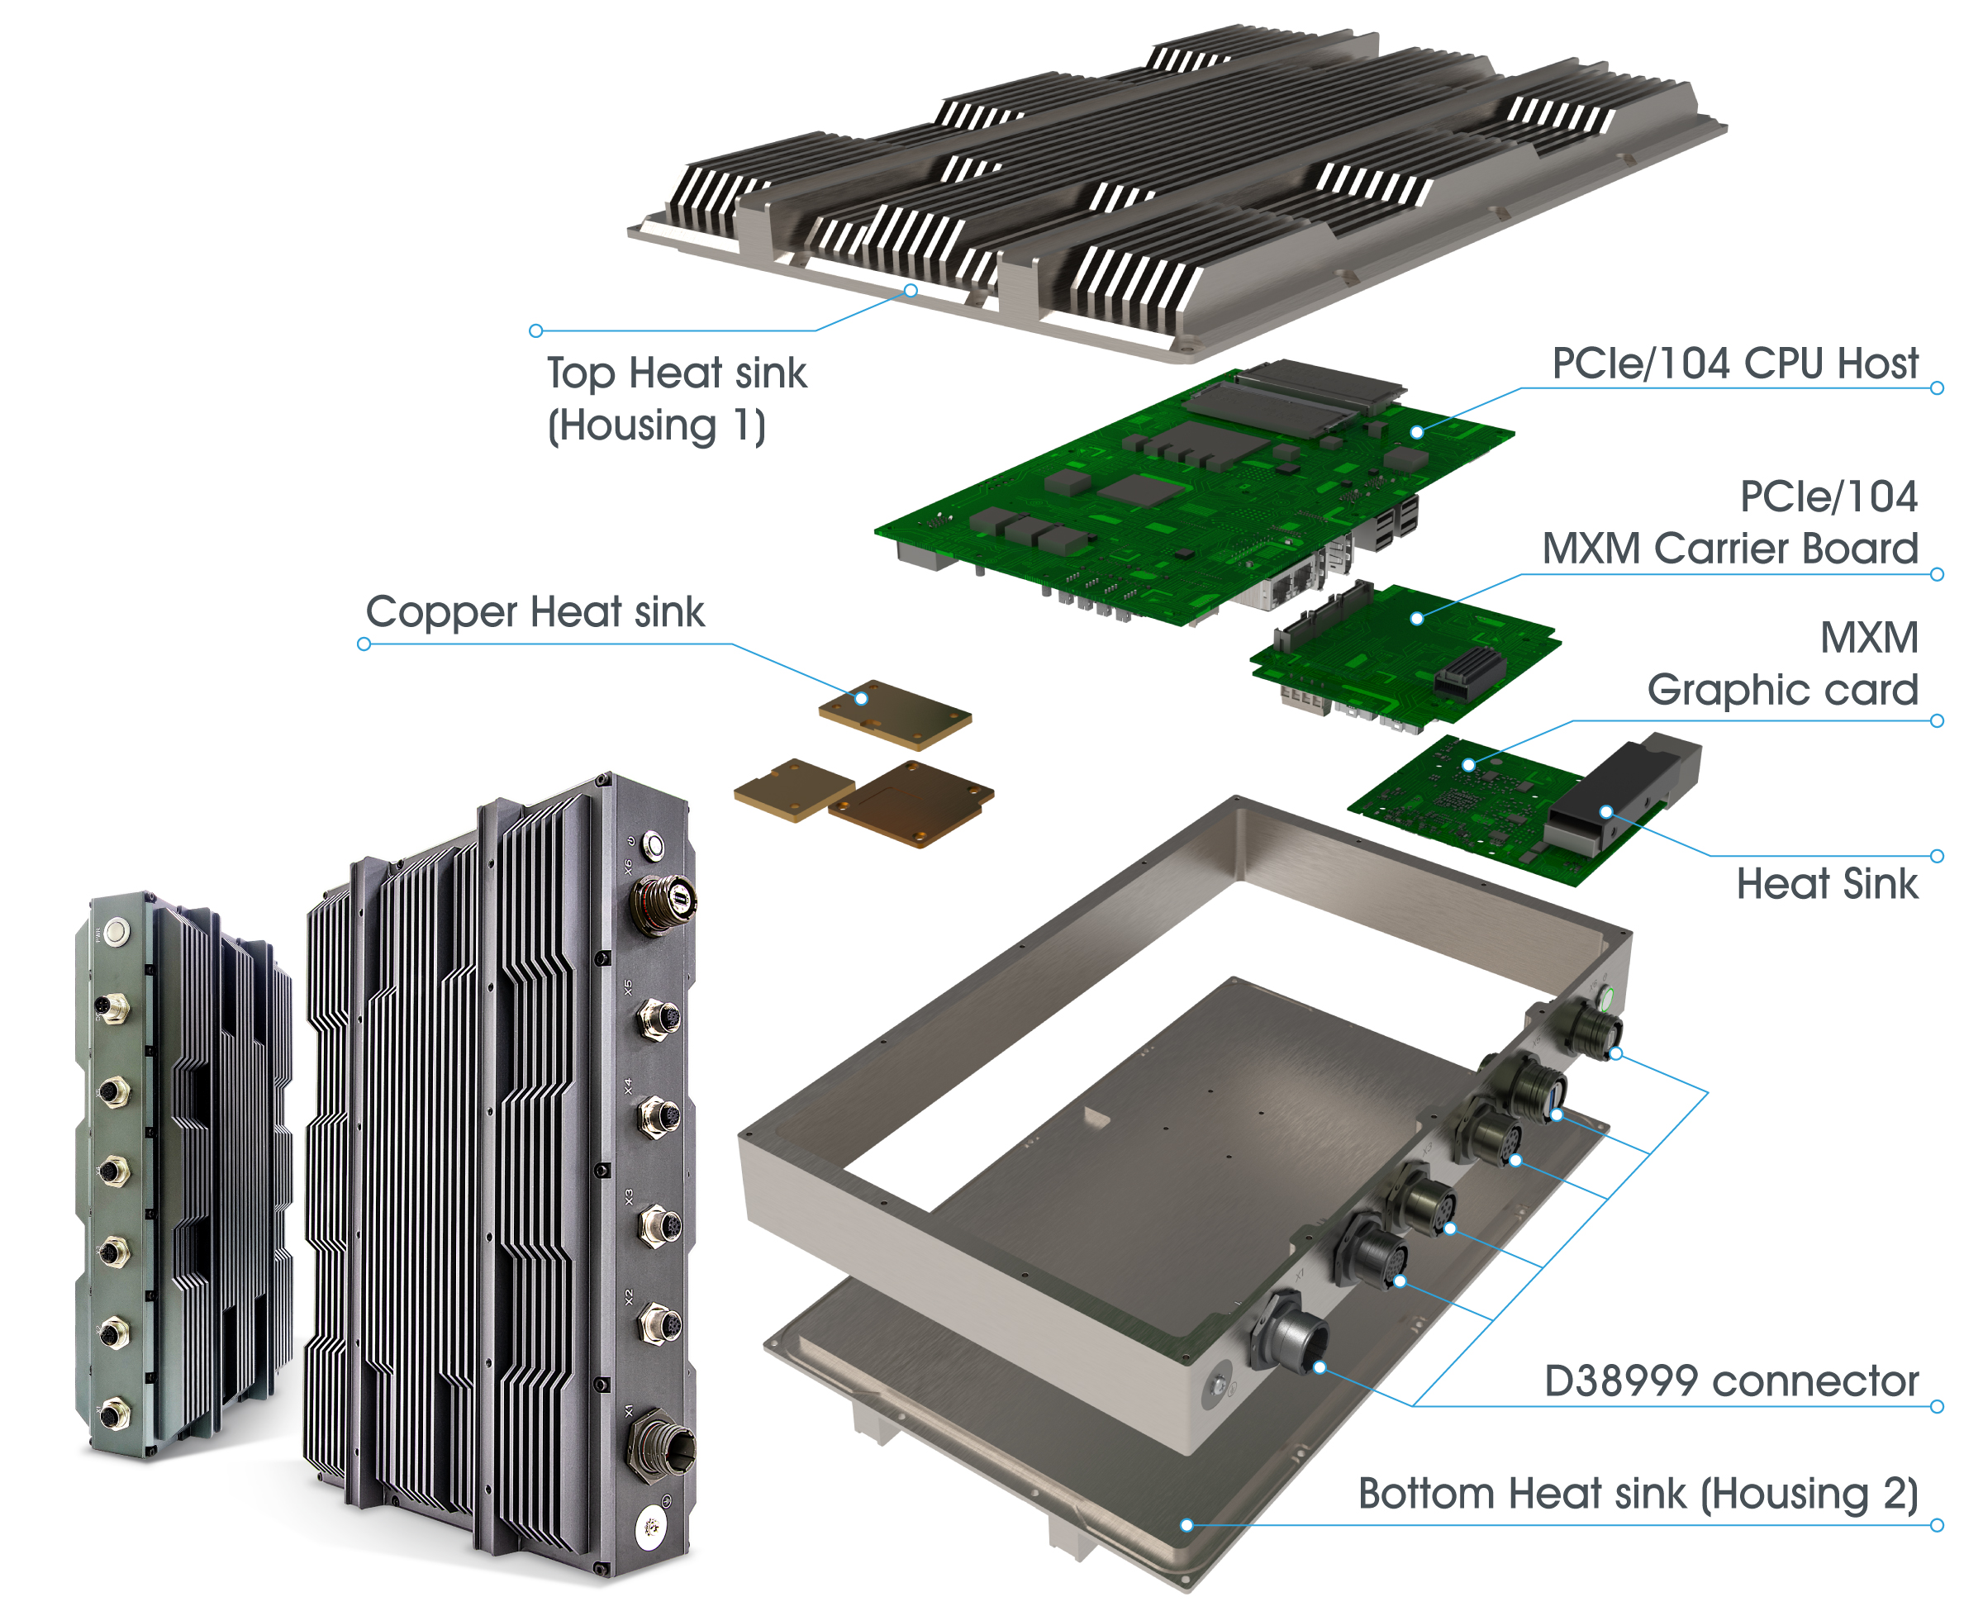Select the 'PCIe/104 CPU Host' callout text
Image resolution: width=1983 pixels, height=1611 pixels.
[1733, 364]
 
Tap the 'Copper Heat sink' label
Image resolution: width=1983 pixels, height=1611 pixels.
[535, 612]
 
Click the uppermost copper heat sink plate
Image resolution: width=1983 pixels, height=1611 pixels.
[895, 715]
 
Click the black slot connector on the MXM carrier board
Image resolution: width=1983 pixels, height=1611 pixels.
[1469, 672]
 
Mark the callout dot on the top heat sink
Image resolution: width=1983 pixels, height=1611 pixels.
[911, 292]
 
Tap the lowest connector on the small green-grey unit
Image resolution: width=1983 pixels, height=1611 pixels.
[113, 1414]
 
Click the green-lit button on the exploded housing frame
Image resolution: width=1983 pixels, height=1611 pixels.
[1605, 999]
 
